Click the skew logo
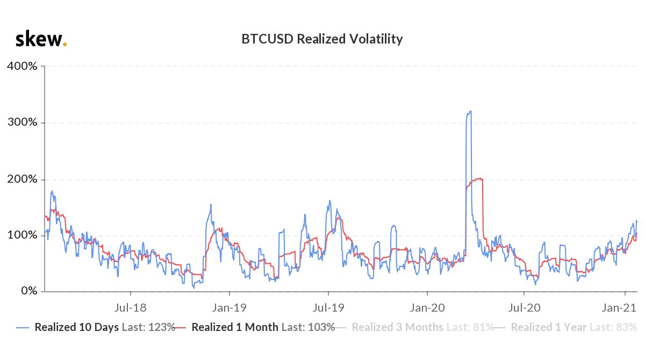coord(41,39)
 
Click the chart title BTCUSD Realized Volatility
coord(322,39)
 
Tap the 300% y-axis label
coord(23,123)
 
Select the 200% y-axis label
coord(23,179)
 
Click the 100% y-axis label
coord(23,235)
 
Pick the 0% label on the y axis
coord(29,291)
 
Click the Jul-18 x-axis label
coord(131,308)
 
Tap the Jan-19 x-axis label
coord(229,308)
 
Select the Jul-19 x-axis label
coord(328,308)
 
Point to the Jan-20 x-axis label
coord(427,308)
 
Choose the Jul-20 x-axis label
coord(524,308)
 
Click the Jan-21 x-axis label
coord(619,308)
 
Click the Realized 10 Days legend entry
coord(96,327)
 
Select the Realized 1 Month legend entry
coord(255,327)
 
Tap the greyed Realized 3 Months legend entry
coord(414,327)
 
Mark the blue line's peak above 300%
coord(470,111)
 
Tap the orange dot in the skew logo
coord(65,44)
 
